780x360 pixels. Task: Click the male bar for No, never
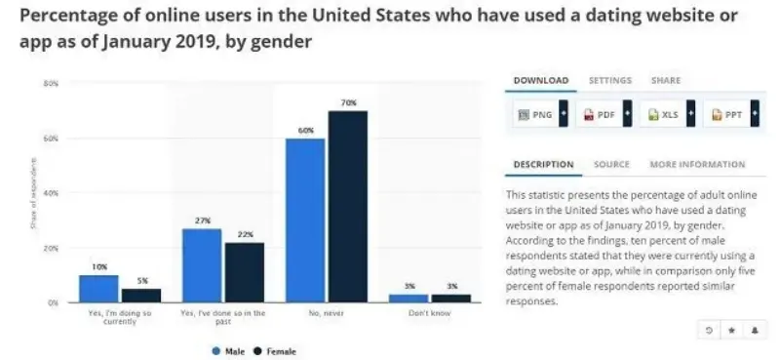pyautogui.click(x=305, y=220)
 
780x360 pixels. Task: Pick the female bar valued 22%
pyautogui.click(x=244, y=272)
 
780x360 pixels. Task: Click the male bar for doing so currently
pyautogui.click(x=98, y=289)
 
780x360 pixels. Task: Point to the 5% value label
pyautogui.click(x=140, y=282)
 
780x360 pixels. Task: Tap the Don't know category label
pyautogui.click(x=430, y=311)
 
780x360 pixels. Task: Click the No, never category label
pyautogui.click(x=326, y=311)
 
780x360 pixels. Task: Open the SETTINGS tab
pyautogui.click(x=610, y=80)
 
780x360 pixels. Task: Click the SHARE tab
pyautogui.click(x=666, y=80)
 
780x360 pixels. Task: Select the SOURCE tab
pyautogui.click(x=611, y=165)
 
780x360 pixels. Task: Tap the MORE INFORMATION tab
pyautogui.click(x=697, y=165)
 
